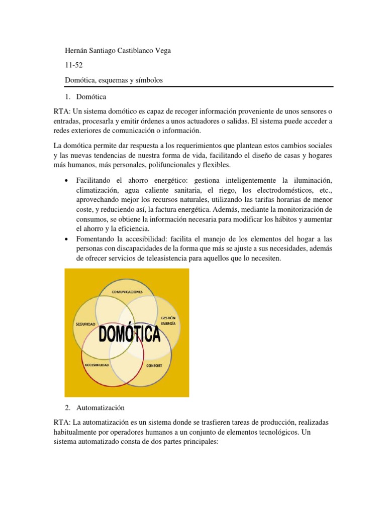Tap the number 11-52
pyautogui.click(x=73, y=65)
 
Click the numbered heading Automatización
pyautogui.click(x=101, y=408)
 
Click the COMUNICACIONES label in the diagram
pyautogui.click(x=127, y=292)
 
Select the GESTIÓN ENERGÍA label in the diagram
pyautogui.click(x=168, y=321)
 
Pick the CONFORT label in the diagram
pyautogui.click(x=154, y=365)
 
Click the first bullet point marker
pyautogui.click(x=67, y=181)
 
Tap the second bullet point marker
pyautogui.click(x=67, y=238)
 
